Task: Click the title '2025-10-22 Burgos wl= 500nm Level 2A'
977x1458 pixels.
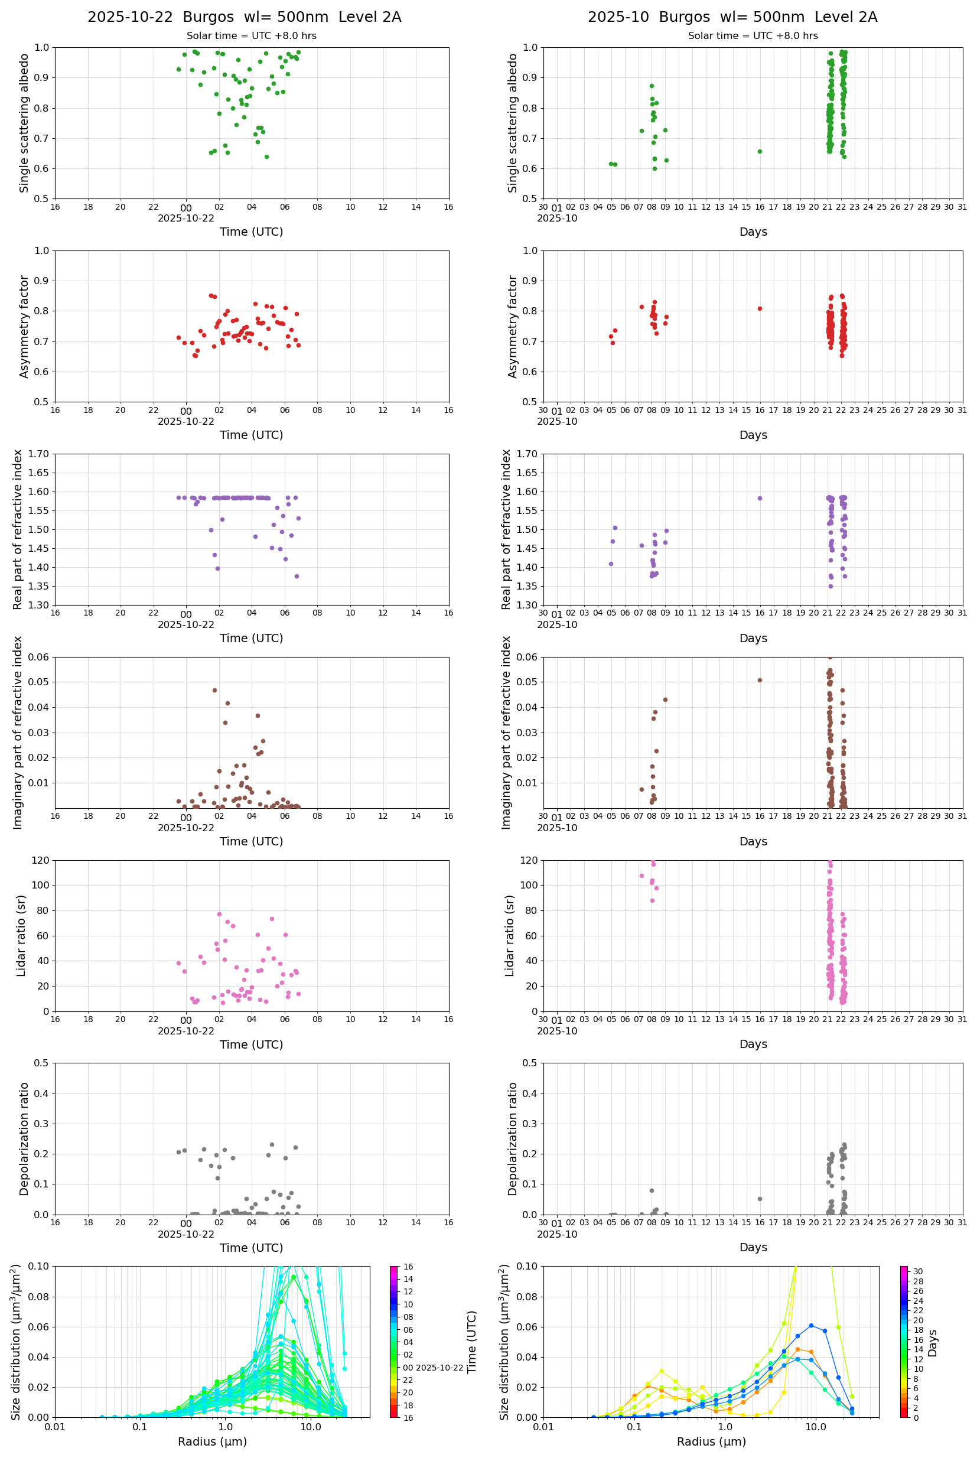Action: coord(245,17)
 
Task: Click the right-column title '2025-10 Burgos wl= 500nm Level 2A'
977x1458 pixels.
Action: coord(732,17)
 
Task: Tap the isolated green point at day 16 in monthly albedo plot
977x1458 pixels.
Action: coord(760,151)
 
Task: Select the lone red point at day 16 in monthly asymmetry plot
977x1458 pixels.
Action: coord(760,308)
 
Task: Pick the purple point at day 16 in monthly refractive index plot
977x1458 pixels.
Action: coord(760,498)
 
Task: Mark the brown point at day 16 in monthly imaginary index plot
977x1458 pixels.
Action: coord(760,680)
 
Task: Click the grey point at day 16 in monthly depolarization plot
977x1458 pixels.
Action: coord(760,1199)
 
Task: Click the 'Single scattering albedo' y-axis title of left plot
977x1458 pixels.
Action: coord(24,123)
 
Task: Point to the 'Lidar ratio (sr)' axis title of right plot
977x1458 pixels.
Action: coord(510,935)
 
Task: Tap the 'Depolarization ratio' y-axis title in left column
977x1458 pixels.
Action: coord(24,1138)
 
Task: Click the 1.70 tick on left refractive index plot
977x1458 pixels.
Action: coord(41,454)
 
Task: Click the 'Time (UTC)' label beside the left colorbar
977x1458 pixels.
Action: coord(472,1342)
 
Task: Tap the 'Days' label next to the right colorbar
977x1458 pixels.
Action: coord(932,1343)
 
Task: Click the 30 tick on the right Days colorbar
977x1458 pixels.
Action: coord(918,1271)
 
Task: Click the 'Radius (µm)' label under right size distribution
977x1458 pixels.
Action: coord(711,1441)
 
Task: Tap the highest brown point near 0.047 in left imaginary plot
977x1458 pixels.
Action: coord(214,691)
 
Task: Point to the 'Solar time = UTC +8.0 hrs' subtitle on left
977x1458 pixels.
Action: coord(251,36)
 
